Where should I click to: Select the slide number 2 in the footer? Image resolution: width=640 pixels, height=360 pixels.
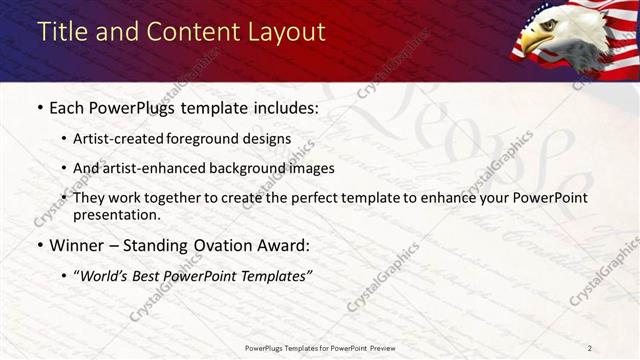coord(590,348)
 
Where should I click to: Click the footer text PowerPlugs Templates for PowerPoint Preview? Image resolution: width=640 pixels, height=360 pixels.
coord(320,348)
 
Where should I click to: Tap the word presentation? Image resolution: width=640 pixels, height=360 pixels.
coord(116,214)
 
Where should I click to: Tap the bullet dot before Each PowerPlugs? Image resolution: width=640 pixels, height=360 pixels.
coord(39,107)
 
